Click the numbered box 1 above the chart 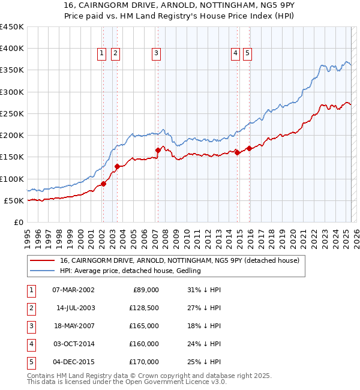tap(102, 53)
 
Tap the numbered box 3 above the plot tap(156, 53)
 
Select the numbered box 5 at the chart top tap(247, 53)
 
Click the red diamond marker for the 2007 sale tap(158, 150)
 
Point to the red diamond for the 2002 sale tap(103, 184)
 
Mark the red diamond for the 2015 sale tap(249, 148)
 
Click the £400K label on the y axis tap(12, 49)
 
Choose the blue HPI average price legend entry tap(130, 271)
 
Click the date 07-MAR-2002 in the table tap(74, 290)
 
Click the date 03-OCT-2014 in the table tap(74, 344)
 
